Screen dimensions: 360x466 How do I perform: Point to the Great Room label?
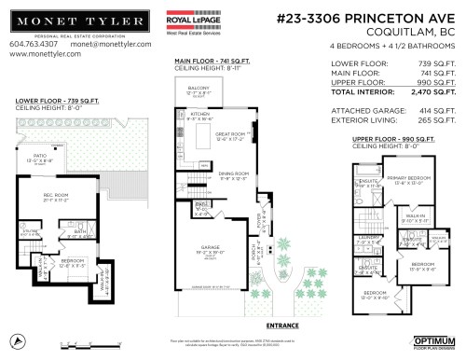point(232,136)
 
